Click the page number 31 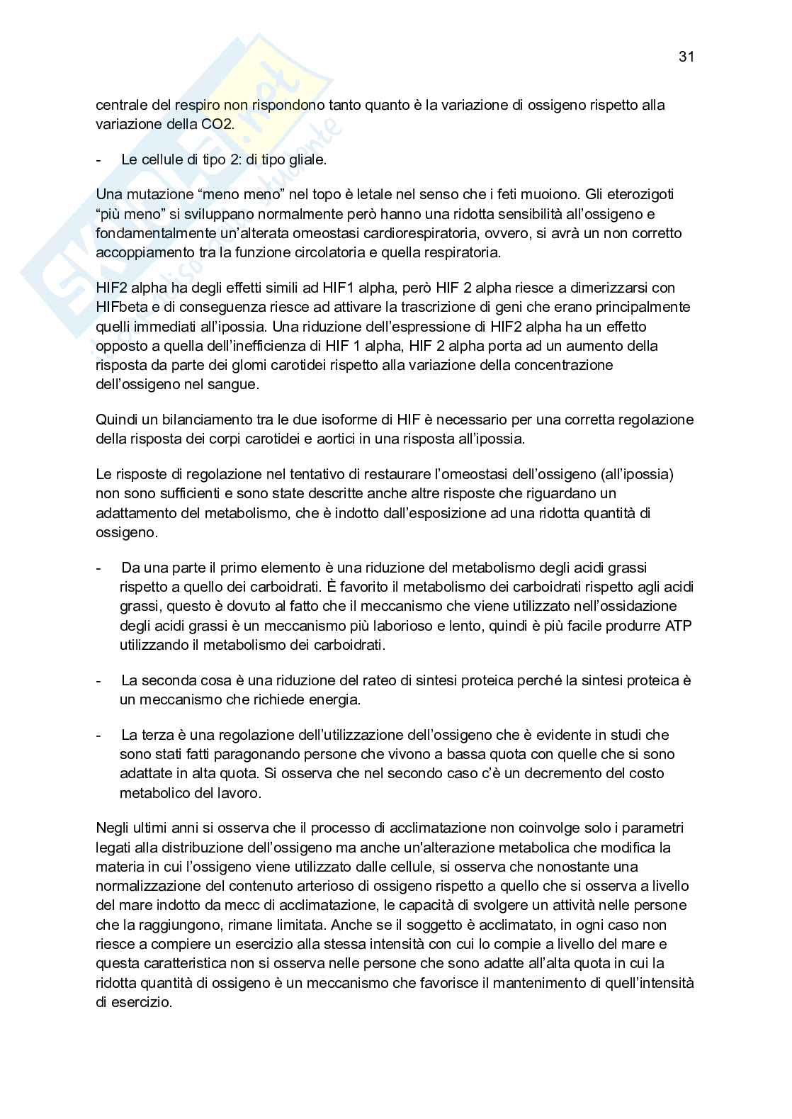685,57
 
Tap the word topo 279,194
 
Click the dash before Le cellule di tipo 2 98,160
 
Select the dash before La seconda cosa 98,680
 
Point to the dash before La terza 98,735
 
